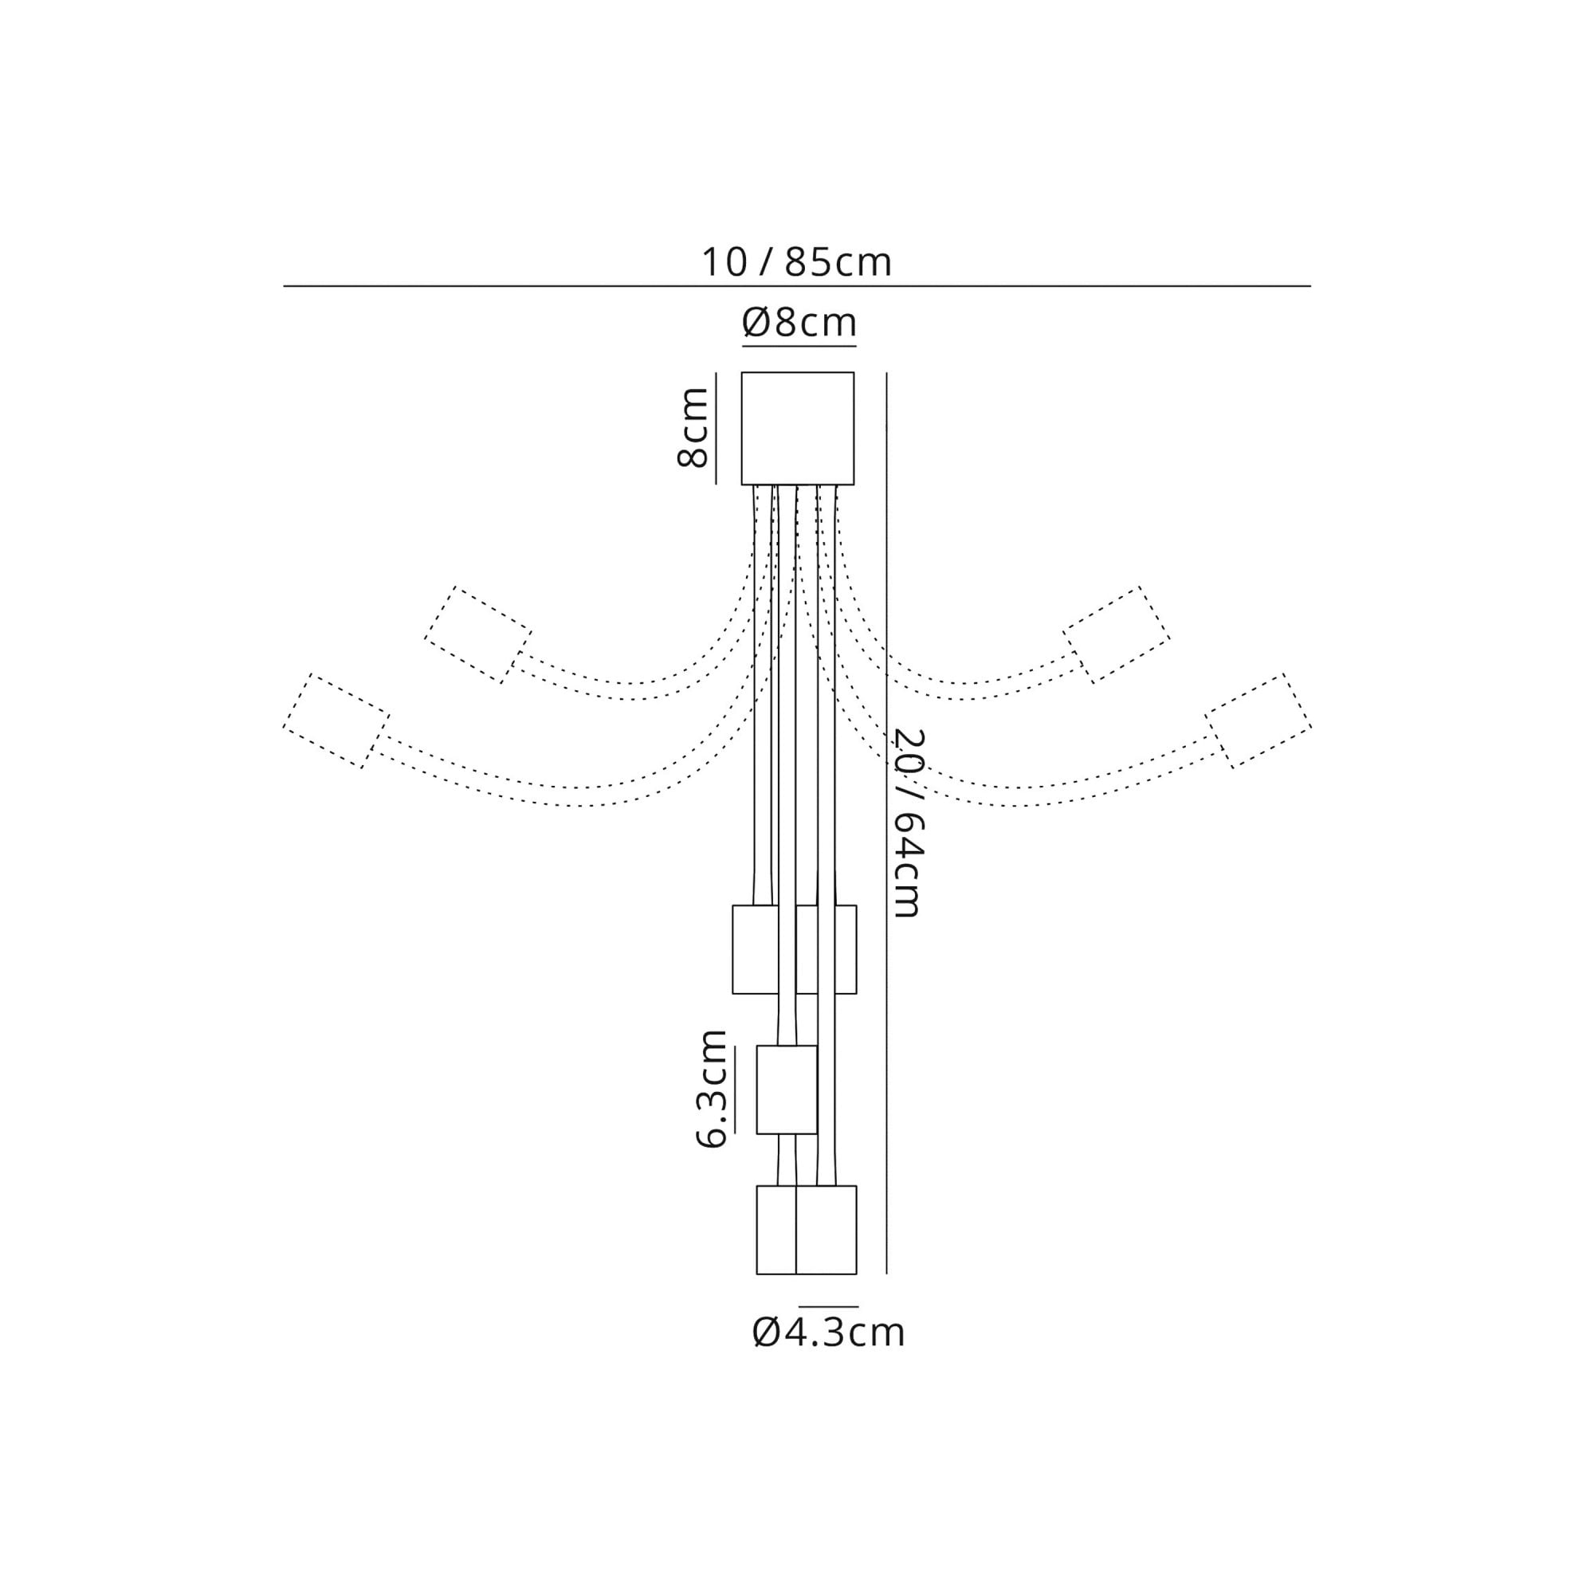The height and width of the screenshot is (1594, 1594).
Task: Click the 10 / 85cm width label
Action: [796, 262]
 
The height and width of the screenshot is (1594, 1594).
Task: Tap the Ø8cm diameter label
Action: [799, 322]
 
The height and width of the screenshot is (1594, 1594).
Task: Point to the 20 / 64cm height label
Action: [909, 823]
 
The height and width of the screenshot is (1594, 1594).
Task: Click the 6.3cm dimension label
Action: [711, 1088]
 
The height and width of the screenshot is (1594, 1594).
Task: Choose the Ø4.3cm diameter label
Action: [828, 1332]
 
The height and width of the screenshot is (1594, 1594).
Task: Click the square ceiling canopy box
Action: [797, 428]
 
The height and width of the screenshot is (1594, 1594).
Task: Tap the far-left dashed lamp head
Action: [336, 721]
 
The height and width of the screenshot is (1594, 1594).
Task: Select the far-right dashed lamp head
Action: [1258, 721]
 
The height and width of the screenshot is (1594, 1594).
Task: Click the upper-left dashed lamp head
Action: [477, 634]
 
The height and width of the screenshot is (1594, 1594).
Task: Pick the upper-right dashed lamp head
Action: [1116, 634]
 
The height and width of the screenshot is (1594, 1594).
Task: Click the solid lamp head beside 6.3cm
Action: [787, 1089]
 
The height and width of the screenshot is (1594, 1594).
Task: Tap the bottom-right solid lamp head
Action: [826, 1229]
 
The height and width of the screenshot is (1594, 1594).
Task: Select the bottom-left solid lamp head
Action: [775, 1229]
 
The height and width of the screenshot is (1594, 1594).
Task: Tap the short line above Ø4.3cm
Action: [827, 1307]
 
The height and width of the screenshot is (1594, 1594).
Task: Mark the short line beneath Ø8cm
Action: [799, 346]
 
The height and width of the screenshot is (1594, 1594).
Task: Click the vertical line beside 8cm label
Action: [716, 428]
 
